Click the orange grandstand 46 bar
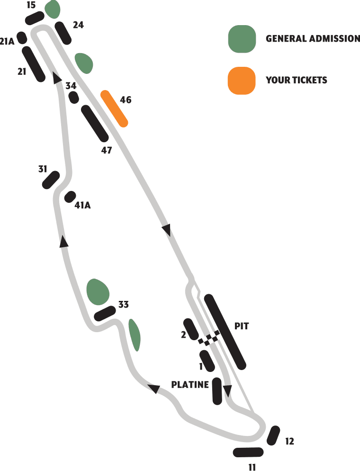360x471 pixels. (115, 109)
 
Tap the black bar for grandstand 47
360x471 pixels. (95, 123)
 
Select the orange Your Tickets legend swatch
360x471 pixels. (242, 80)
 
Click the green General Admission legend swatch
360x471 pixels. (242, 38)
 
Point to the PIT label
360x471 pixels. (241, 326)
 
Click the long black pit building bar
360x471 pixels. (225, 332)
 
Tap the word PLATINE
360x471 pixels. (190, 385)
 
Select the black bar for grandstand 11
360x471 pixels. (248, 452)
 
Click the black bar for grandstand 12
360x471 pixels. (273, 435)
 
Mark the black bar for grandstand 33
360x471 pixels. (105, 313)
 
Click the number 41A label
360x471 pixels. (82, 206)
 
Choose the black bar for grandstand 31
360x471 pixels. (51, 180)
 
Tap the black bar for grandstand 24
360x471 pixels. (63, 32)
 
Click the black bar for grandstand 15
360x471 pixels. (35, 18)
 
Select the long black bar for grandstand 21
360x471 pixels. (33, 64)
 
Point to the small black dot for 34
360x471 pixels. (73, 98)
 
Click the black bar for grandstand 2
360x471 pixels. (191, 329)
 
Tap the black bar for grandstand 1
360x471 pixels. (207, 361)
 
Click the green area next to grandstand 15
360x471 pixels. (53, 8)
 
